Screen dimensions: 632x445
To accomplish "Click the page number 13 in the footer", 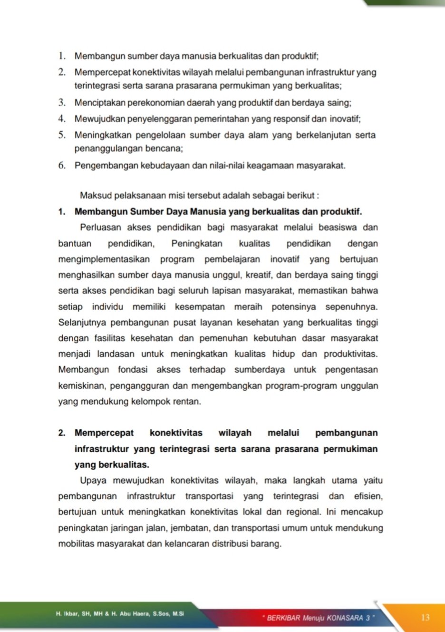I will (x=425, y=617).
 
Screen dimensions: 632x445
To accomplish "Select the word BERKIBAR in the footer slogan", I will (x=283, y=618).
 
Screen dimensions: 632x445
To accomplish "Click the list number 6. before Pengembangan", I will (x=62, y=166).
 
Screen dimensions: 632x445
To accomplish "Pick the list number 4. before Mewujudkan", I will (x=62, y=118).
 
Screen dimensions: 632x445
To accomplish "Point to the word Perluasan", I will (x=100, y=227).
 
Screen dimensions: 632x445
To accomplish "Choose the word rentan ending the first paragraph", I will (x=188, y=401).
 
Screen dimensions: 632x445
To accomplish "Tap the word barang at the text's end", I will (x=270, y=543).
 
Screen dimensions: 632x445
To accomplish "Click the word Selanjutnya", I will (x=82, y=323).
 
